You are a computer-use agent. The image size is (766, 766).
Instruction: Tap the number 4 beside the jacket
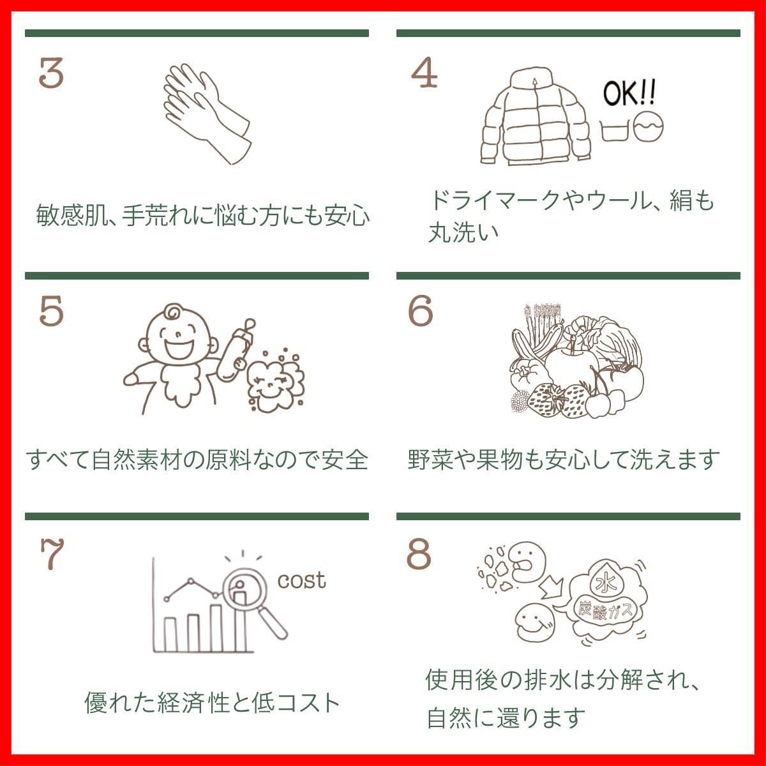pyautogui.click(x=424, y=74)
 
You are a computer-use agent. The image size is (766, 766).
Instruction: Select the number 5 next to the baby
pyautogui.click(x=51, y=312)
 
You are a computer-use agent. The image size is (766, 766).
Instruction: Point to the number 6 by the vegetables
pyautogui.click(x=420, y=312)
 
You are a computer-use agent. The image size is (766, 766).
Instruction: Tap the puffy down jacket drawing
pyautogui.click(x=534, y=117)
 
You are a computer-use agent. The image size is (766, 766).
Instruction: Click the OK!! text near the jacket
pyautogui.click(x=629, y=95)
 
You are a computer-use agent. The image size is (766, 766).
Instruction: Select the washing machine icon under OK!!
pyautogui.click(x=648, y=128)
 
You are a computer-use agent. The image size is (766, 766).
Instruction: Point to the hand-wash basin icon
pyautogui.click(x=616, y=130)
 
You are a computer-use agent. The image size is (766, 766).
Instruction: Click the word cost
pyautogui.click(x=301, y=580)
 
